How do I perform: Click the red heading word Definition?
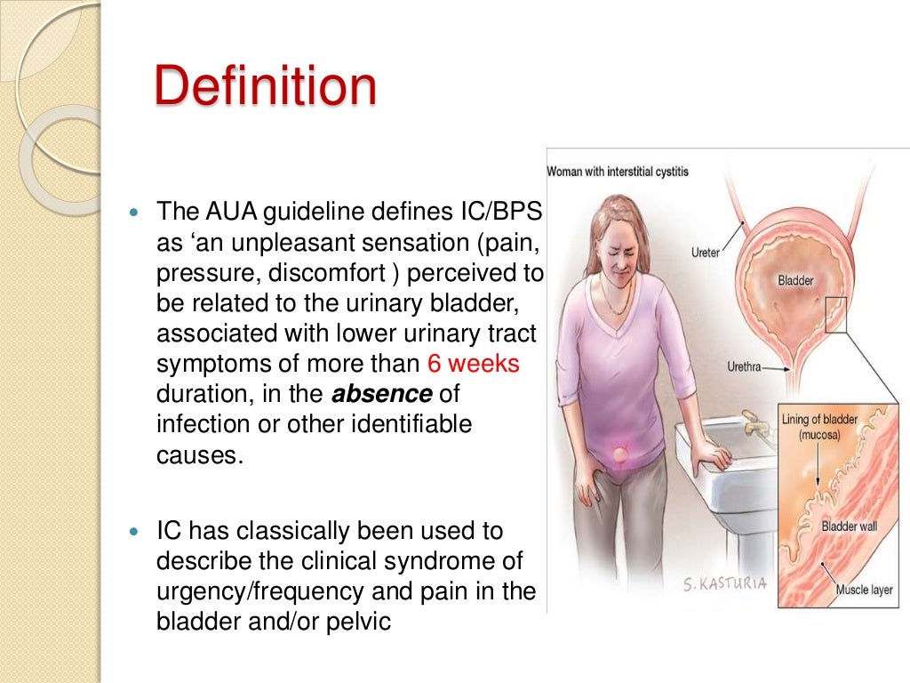pyautogui.click(x=265, y=88)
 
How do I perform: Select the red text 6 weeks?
pyautogui.click(x=473, y=364)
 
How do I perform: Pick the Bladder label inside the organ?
pyautogui.click(x=795, y=280)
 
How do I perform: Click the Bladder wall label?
pyautogui.click(x=849, y=526)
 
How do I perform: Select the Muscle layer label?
pyautogui.click(x=865, y=589)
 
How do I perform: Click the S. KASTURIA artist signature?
pyautogui.click(x=725, y=584)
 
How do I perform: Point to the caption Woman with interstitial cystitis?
pyautogui.click(x=617, y=171)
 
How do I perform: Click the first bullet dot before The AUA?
pyautogui.click(x=135, y=214)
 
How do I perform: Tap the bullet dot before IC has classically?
pyautogui.click(x=135, y=532)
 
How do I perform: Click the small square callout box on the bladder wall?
pyautogui.click(x=835, y=314)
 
